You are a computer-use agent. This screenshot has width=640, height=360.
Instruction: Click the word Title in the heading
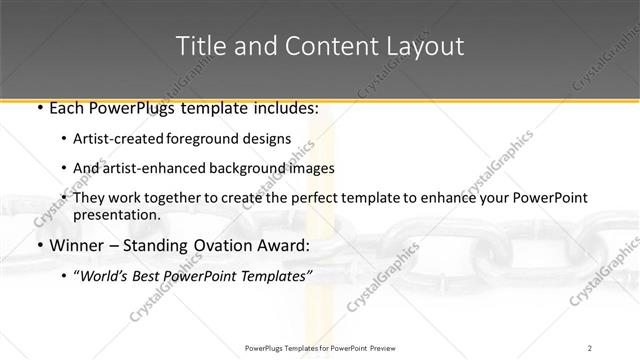tap(200, 46)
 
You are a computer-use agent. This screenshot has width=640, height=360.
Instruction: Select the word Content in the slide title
tap(320, 46)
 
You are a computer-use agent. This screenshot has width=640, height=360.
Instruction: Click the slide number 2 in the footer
tap(590, 347)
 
